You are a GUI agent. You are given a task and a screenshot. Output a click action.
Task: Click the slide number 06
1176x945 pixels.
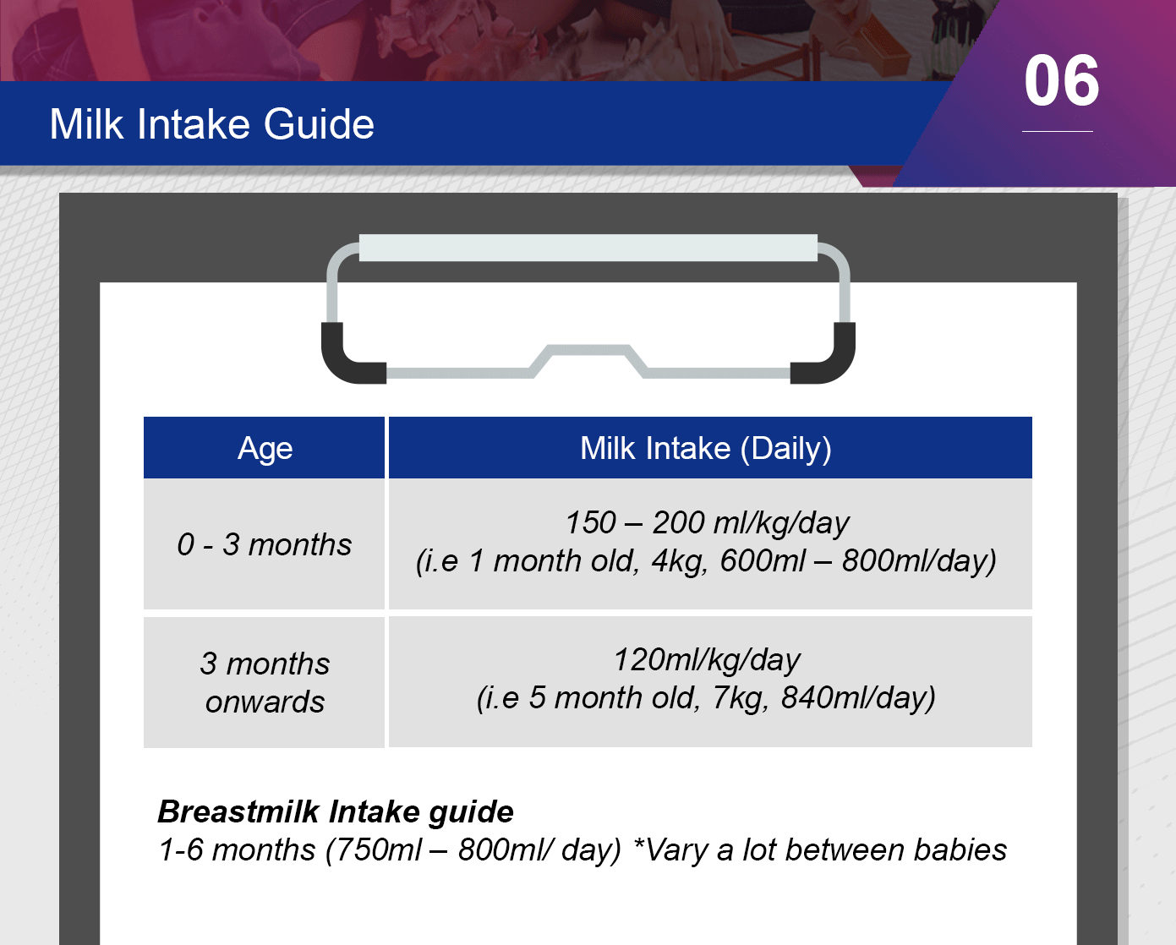(x=1061, y=81)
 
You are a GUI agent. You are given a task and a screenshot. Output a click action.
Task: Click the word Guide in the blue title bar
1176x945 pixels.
(x=319, y=124)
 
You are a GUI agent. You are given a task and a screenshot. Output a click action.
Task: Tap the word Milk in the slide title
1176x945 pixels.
(x=86, y=124)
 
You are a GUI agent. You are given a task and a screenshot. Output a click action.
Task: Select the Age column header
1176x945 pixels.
(x=265, y=448)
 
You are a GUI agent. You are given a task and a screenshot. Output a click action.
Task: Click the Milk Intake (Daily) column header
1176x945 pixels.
(x=710, y=448)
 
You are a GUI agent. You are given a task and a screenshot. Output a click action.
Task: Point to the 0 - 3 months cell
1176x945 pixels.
(x=265, y=544)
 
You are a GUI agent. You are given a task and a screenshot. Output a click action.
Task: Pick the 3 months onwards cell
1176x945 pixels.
(x=265, y=683)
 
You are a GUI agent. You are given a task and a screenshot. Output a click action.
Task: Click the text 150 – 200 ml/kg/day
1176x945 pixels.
(x=707, y=523)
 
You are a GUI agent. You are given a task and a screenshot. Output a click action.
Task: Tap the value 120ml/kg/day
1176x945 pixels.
(x=707, y=660)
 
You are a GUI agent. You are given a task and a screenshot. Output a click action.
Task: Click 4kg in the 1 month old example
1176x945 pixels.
(x=679, y=561)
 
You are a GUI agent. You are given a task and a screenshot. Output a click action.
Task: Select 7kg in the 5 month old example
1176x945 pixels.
(x=741, y=698)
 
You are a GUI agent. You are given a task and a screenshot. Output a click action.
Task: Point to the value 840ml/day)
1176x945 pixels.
(x=858, y=698)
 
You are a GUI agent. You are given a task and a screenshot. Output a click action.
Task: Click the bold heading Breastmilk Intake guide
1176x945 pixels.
(x=336, y=811)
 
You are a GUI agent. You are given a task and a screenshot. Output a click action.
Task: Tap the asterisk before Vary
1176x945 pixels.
(x=638, y=844)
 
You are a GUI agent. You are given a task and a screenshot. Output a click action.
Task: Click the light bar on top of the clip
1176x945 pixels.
(x=588, y=248)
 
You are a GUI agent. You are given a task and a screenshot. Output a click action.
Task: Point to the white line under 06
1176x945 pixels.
(x=1058, y=131)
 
